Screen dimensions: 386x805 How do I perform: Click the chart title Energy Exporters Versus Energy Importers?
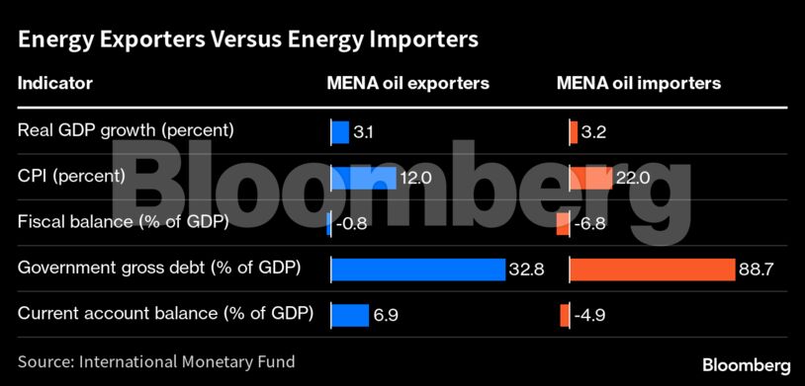pyautogui.click(x=248, y=40)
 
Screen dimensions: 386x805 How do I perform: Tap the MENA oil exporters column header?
pyautogui.click(x=407, y=84)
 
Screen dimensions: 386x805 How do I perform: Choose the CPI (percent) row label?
pyautogui.click(x=71, y=177)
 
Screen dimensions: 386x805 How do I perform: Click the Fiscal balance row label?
pyautogui.click(x=124, y=222)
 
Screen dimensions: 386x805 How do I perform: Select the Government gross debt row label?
pyautogui.click(x=159, y=269)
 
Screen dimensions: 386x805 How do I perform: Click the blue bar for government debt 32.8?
pyautogui.click(x=417, y=269)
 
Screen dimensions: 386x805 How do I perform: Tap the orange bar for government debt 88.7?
pyautogui.click(x=653, y=269)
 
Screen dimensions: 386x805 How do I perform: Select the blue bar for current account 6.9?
pyautogui.click(x=349, y=314)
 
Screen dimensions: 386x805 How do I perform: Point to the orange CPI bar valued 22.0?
pyautogui.click(x=591, y=177)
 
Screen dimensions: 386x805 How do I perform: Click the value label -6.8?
pyautogui.click(x=589, y=223)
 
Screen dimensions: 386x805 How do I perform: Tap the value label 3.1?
pyautogui.click(x=364, y=131)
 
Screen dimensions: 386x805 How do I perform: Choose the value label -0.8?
pyautogui.click(x=352, y=223)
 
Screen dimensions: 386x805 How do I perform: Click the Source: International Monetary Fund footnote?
pyautogui.click(x=156, y=361)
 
